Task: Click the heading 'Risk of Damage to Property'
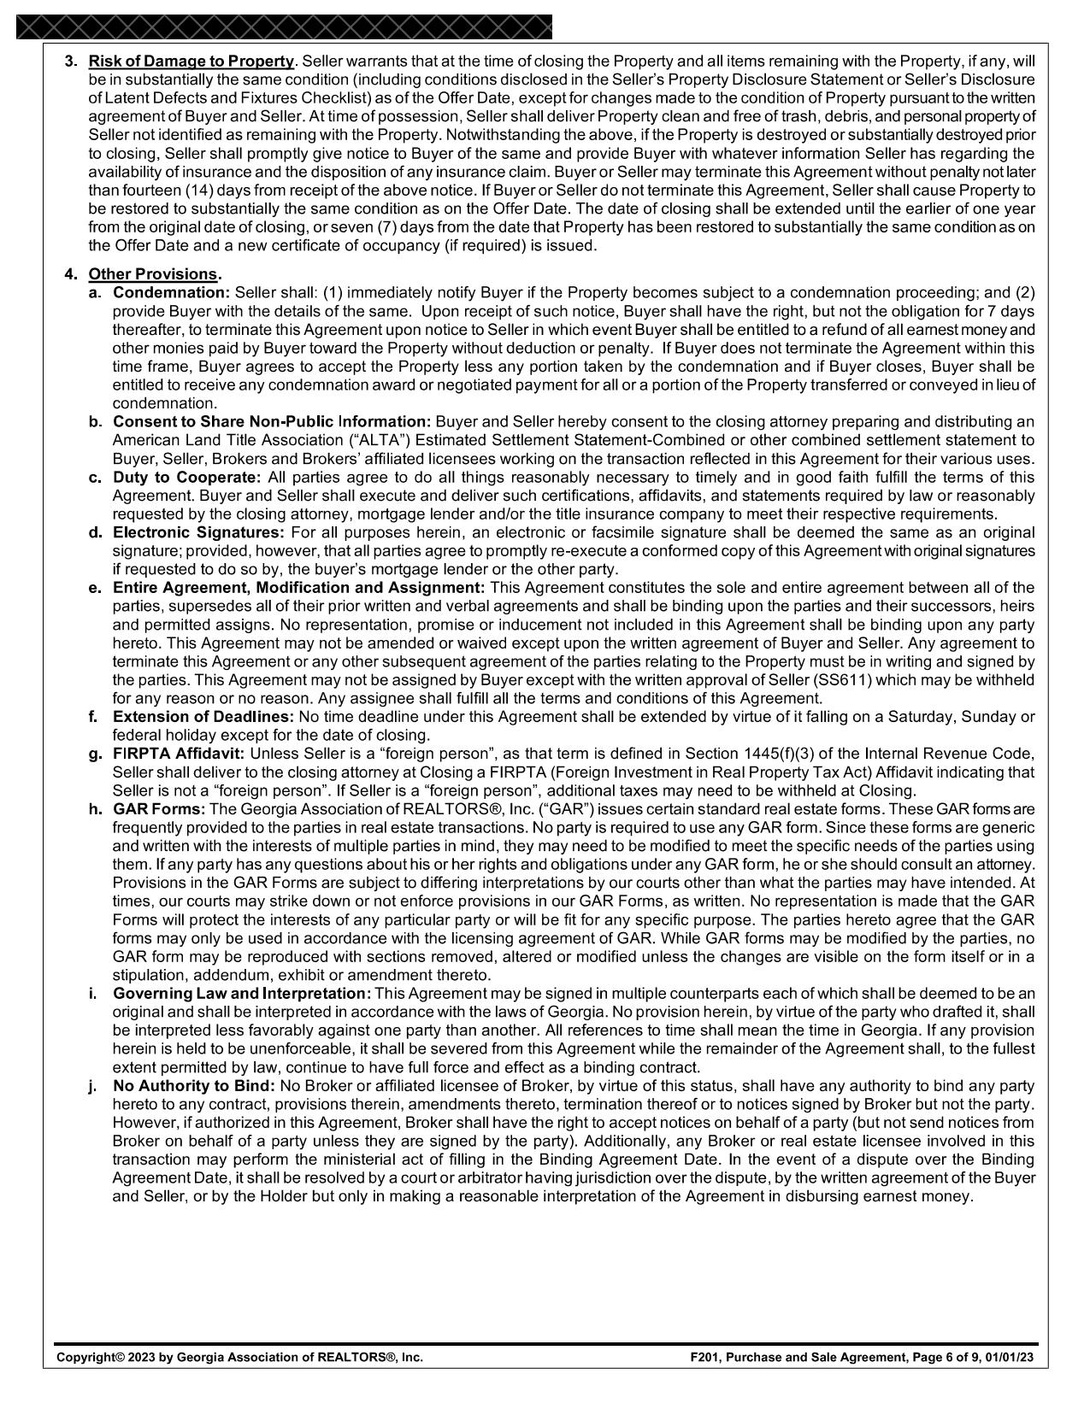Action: (x=191, y=62)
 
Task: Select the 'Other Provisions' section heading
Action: (x=152, y=274)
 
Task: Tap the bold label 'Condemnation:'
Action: (x=172, y=293)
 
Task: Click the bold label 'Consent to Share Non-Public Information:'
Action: (x=273, y=422)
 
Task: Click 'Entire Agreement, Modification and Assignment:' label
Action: (x=298, y=588)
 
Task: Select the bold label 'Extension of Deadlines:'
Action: (x=203, y=717)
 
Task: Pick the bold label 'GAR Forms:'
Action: (x=159, y=809)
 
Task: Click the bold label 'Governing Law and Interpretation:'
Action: (x=242, y=994)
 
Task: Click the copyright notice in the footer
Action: (x=239, y=1357)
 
